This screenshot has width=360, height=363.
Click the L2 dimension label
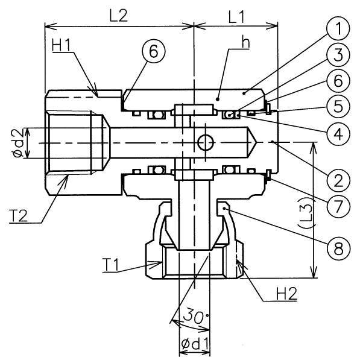(x=119, y=16)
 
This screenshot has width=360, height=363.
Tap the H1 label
(x=61, y=45)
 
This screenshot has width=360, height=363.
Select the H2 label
(x=286, y=294)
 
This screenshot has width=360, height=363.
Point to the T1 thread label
(x=110, y=265)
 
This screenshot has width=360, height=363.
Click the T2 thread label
(x=18, y=215)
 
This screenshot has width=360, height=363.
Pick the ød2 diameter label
(x=18, y=143)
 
